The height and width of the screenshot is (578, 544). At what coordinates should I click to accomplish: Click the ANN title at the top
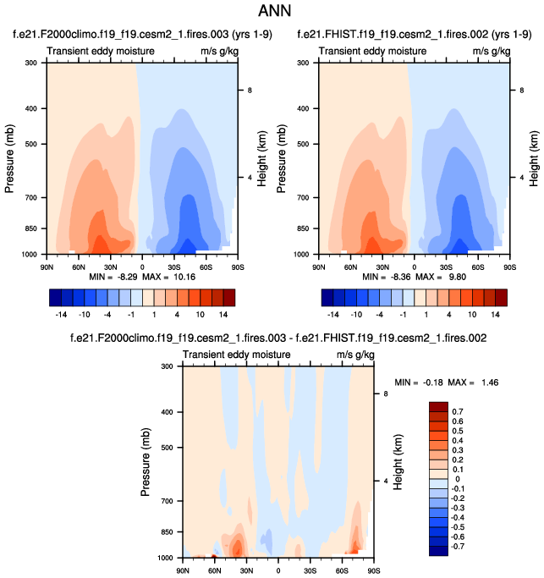point(272,13)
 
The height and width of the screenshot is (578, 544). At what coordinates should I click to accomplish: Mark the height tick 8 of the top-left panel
point(250,90)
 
